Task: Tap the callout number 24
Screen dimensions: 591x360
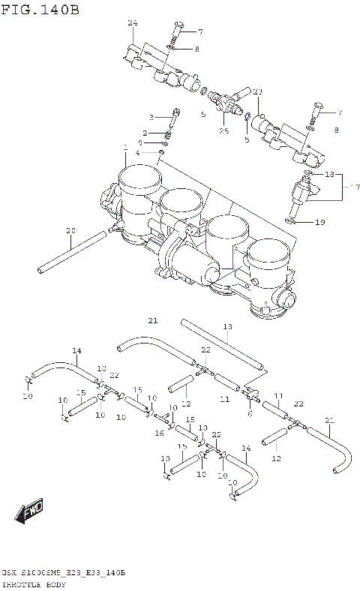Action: click(x=132, y=24)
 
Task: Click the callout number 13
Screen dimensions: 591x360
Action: click(x=227, y=326)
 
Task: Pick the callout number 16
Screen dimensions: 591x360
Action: click(x=159, y=433)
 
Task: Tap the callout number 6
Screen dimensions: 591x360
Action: click(x=250, y=413)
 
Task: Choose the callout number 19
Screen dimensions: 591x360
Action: click(x=319, y=222)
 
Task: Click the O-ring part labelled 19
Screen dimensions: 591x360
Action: click(x=295, y=220)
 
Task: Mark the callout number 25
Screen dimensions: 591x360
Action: click(x=223, y=131)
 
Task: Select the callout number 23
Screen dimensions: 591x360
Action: click(x=257, y=91)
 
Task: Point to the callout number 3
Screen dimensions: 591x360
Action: click(x=151, y=117)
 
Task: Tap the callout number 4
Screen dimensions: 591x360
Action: click(x=137, y=153)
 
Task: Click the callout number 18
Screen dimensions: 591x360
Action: click(x=329, y=173)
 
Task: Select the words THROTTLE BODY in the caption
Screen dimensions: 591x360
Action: click(x=34, y=583)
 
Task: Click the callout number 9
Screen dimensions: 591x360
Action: click(x=139, y=142)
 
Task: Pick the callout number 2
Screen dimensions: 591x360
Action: click(x=146, y=133)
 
